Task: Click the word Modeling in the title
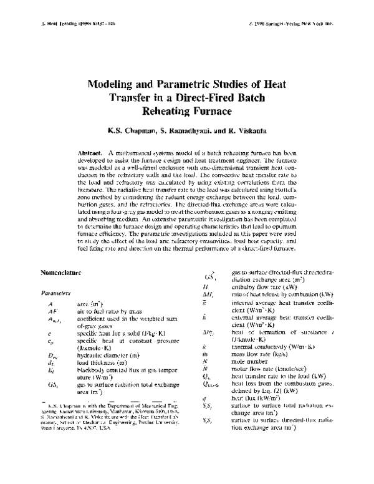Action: pos(113,84)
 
